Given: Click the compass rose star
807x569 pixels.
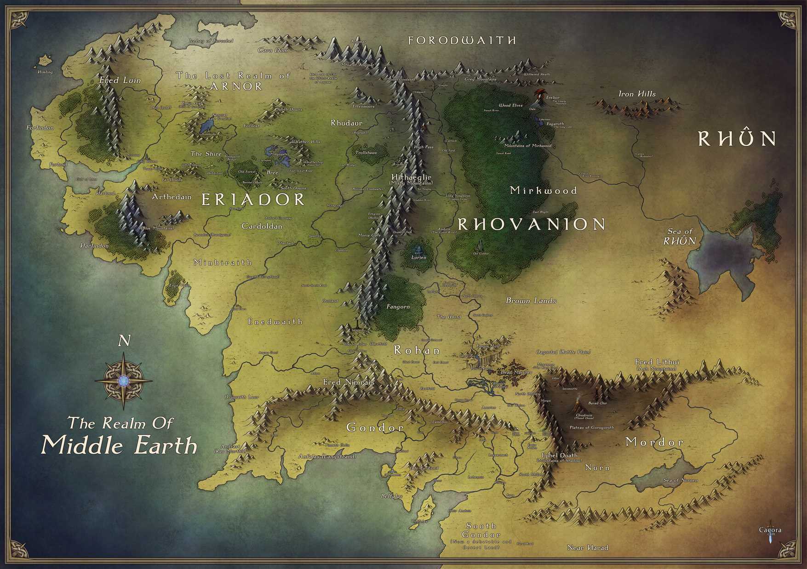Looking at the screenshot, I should [123, 381].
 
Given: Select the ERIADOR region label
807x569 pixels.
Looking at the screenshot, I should [253, 199].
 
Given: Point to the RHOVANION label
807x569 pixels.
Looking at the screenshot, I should [532, 224].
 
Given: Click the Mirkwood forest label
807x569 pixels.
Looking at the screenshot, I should [544, 190].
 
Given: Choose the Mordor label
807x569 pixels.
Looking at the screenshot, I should [654, 442].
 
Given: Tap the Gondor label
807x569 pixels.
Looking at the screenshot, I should [375, 428].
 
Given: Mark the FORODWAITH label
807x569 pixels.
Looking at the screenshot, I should [462, 40].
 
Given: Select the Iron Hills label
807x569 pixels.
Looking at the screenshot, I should [637, 94].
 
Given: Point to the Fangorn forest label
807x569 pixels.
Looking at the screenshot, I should [398, 307].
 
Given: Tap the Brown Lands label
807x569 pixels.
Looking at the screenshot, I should [531, 301].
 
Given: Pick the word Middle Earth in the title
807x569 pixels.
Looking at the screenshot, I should [119, 445].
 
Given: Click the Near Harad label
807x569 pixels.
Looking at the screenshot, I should [588, 548].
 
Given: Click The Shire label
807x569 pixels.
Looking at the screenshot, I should [206, 154].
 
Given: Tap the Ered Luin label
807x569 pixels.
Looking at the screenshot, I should [120, 80].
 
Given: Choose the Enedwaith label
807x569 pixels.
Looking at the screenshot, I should [275, 322].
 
